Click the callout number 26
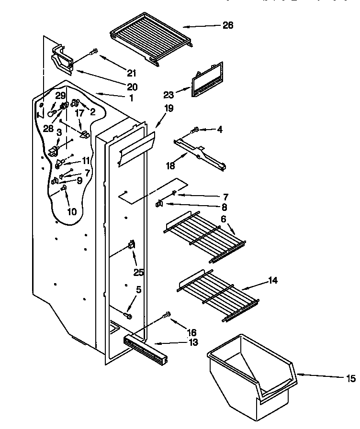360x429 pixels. [228, 25]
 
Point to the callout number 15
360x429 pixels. [351, 379]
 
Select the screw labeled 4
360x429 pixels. [194, 130]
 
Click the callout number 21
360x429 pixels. [131, 73]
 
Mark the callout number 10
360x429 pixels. [72, 211]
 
